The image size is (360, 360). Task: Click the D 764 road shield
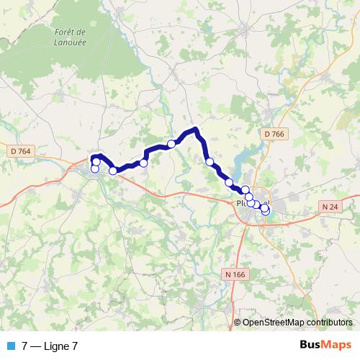22,150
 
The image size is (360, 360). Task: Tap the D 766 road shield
274,133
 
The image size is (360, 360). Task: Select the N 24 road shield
330,207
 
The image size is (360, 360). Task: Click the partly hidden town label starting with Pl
240,204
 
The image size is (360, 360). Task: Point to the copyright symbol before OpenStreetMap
238,323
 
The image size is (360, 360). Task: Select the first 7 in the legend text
25,346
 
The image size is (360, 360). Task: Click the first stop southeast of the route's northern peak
210,162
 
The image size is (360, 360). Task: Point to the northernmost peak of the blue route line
194,130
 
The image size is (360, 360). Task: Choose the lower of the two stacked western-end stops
94,169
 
